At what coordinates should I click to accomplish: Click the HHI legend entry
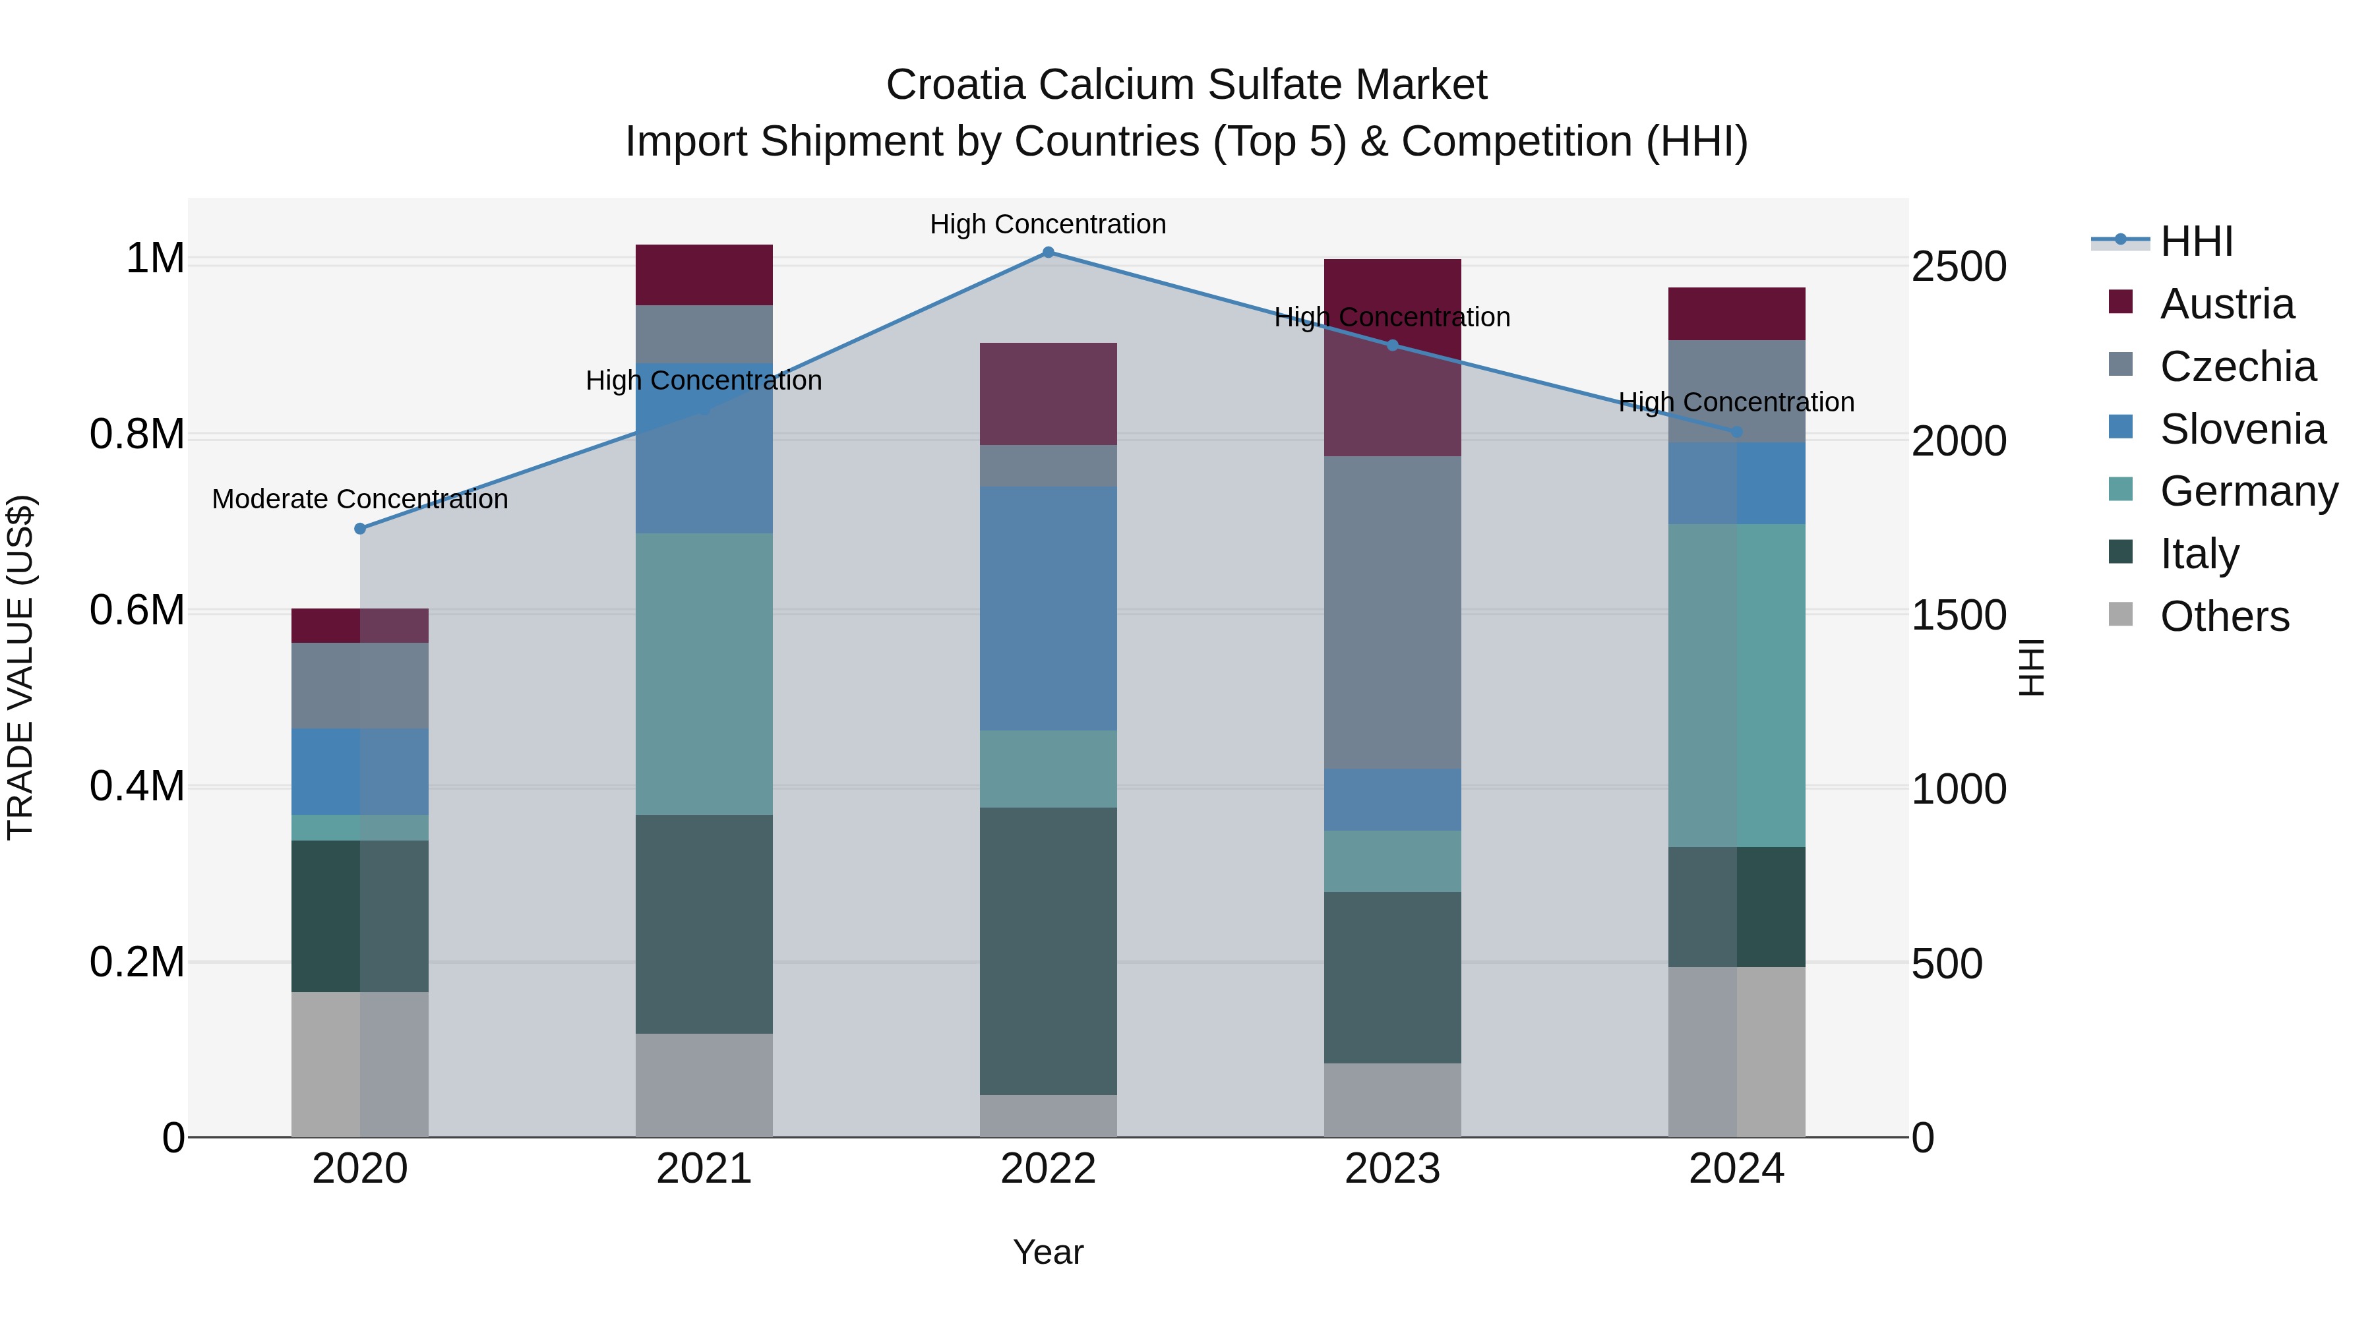click(2195, 241)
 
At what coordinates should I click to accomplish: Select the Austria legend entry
click(2226, 304)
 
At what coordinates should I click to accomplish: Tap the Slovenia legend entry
click(2242, 429)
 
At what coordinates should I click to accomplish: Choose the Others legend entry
click(2224, 616)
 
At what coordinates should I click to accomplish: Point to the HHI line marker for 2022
click(1048, 252)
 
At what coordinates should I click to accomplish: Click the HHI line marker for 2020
click(360, 529)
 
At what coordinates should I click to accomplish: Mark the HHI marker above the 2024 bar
click(1736, 432)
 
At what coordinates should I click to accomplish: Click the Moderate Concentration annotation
click(360, 499)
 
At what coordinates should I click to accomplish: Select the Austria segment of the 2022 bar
click(1048, 394)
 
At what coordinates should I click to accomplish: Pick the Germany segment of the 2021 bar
click(704, 674)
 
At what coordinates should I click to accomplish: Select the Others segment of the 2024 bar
click(1736, 1052)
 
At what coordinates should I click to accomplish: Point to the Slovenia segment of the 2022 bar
click(1048, 608)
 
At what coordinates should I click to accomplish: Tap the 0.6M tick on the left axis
click(137, 611)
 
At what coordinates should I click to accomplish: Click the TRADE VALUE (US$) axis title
click(20, 667)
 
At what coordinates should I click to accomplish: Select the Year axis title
click(1048, 1253)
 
